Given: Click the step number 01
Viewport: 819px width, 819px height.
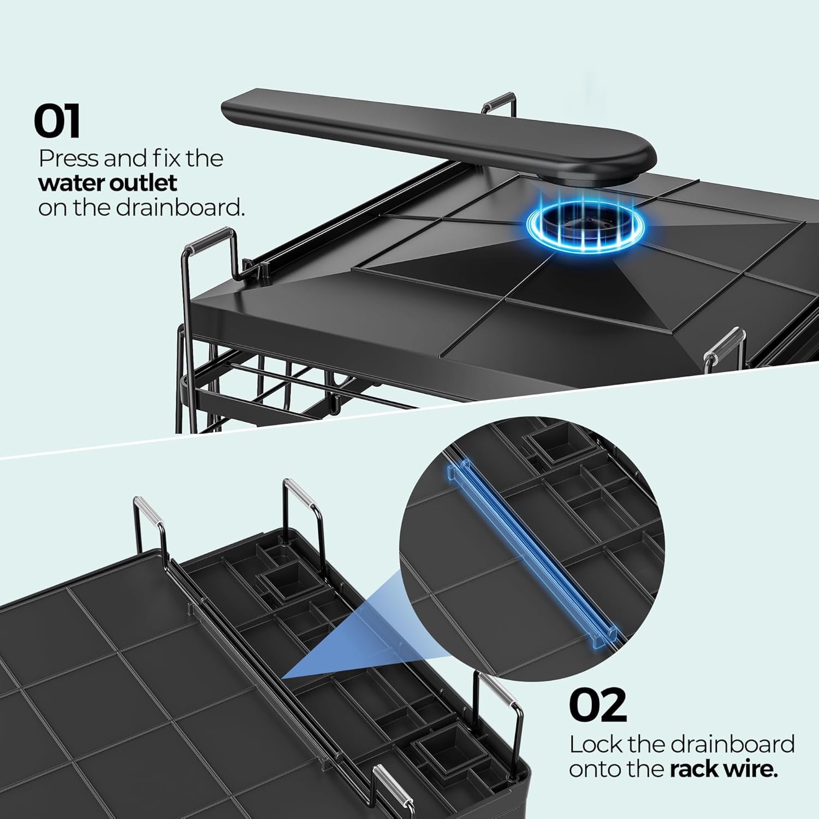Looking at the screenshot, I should (57, 121).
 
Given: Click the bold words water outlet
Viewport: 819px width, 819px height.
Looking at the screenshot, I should (108, 183).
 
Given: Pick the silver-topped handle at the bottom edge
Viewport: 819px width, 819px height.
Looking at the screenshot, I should (388, 786).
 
